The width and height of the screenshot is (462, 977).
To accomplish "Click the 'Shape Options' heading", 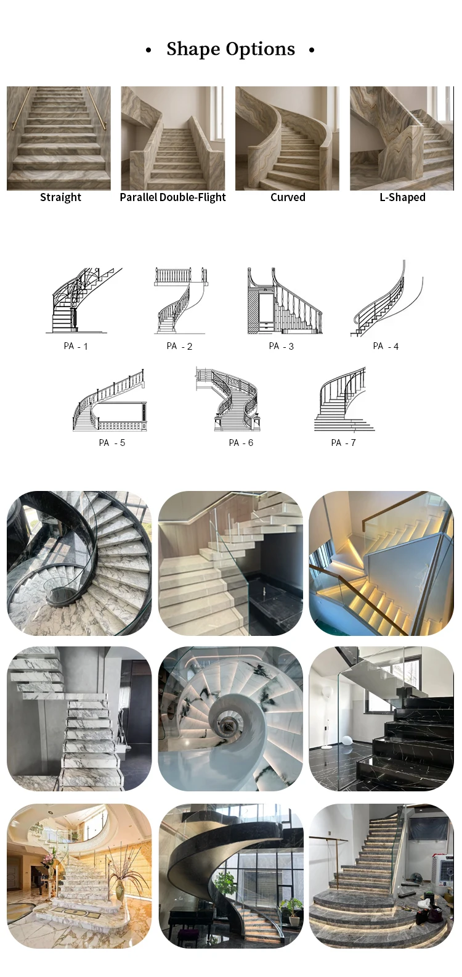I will point(230,49).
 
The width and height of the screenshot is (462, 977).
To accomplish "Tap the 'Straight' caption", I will point(60,197).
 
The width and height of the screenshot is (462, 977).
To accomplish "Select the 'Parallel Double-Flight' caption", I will point(172,197).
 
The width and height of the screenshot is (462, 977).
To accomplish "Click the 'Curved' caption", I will point(288,197).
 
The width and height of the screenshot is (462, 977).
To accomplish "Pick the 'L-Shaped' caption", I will point(402,197).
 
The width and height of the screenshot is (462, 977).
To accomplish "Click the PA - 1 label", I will point(76,346).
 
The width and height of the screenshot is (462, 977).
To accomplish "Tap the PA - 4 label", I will point(386,346).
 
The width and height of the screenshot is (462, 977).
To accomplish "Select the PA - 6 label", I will point(241,443).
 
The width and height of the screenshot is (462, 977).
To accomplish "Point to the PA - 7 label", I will point(343,443).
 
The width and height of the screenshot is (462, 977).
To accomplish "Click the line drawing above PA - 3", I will point(284,302).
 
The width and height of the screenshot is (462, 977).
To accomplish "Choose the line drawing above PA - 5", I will point(110,401).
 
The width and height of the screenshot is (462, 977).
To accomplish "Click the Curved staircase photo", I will point(287,138).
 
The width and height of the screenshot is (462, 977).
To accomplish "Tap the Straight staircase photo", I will point(59,138).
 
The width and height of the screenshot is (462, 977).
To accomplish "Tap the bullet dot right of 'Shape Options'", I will point(312,50).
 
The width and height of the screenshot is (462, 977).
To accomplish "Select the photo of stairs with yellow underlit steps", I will point(381,563).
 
